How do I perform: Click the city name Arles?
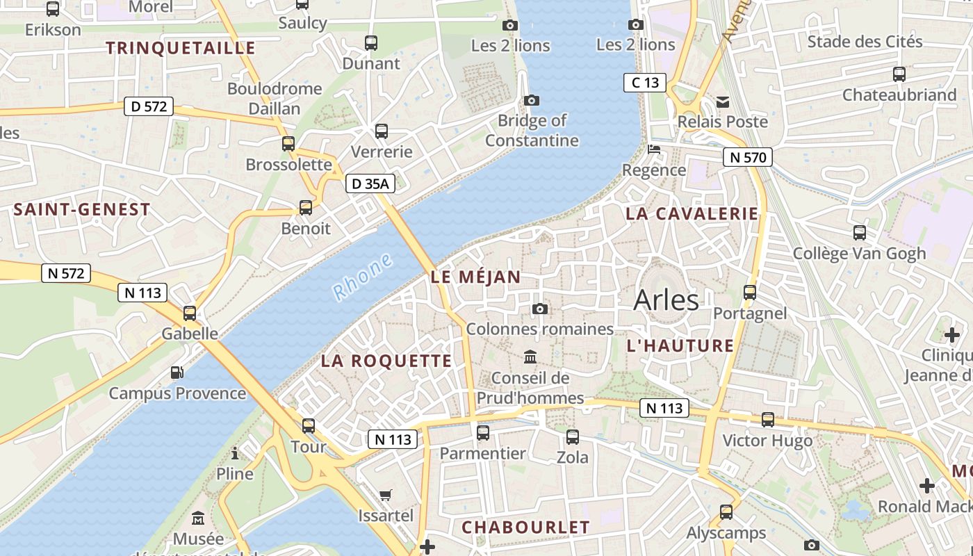(666, 300)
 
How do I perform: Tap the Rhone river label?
(362, 277)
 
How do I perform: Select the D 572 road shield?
(148, 107)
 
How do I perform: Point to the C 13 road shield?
(644, 83)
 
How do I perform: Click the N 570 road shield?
(748, 157)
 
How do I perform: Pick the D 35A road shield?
(370, 183)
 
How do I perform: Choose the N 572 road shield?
(67, 273)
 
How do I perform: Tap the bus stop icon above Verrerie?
(381, 131)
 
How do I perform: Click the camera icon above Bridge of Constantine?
(532, 100)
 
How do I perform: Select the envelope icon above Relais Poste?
(723, 102)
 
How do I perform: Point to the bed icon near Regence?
(653, 149)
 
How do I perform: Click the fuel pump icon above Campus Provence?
(177, 373)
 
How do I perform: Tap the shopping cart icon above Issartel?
(386, 495)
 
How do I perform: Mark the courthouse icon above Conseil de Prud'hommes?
(530, 357)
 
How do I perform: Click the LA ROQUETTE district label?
(386, 361)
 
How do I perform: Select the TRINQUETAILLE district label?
(181, 48)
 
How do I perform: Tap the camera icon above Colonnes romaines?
(539, 309)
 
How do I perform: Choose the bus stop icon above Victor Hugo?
(767, 419)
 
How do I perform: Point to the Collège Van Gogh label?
(859, 253)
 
